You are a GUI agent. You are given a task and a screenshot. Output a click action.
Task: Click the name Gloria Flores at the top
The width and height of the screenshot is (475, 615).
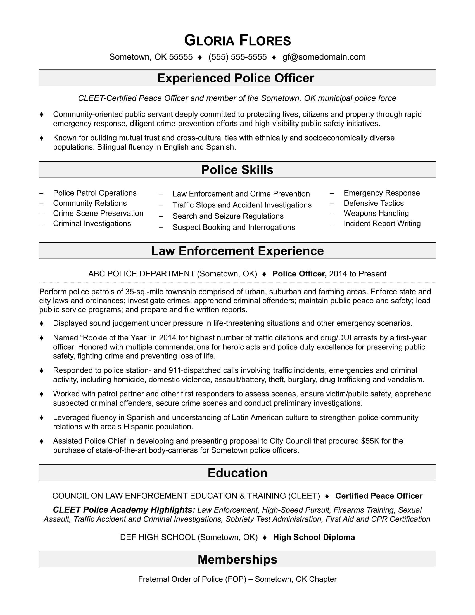pos(237,40)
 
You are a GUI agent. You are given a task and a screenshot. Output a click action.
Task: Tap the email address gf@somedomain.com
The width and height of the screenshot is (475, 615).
pos(324,57)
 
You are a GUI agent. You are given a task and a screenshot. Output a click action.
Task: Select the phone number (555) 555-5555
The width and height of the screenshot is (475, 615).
pos(237,57)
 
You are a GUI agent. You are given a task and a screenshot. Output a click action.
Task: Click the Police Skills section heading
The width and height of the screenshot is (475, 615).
pos(237,170)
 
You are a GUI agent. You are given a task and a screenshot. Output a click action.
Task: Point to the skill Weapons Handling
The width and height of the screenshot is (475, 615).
pos(376,214)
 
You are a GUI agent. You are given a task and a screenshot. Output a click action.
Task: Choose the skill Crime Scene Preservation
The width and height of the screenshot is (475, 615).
pos(98,214)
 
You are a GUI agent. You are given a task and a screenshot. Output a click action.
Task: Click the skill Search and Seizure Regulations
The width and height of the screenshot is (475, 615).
pos(228,216)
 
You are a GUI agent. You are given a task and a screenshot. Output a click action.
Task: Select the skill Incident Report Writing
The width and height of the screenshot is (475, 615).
pos(382,224)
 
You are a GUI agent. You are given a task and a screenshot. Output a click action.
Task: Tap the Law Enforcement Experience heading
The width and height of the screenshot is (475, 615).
pos(237,251)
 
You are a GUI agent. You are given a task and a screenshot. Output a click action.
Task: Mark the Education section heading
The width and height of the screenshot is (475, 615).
pos(237,473)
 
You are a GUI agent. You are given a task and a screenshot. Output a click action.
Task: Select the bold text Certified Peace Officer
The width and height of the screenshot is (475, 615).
pos(379,496)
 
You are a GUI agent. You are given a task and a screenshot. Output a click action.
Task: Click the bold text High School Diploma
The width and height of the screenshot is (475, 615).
pos(314,537)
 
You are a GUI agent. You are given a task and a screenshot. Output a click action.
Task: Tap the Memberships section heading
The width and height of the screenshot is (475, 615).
pos(237,560)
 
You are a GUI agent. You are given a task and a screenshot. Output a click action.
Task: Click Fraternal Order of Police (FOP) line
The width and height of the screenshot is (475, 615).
pos(237,579)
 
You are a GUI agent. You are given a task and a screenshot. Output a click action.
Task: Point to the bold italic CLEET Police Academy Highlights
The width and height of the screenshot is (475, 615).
pos(124,510)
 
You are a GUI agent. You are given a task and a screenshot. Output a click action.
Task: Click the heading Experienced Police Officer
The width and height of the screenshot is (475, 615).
pos(236,78)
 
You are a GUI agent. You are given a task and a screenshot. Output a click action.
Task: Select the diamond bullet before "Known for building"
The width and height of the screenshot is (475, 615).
pos(42,138)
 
